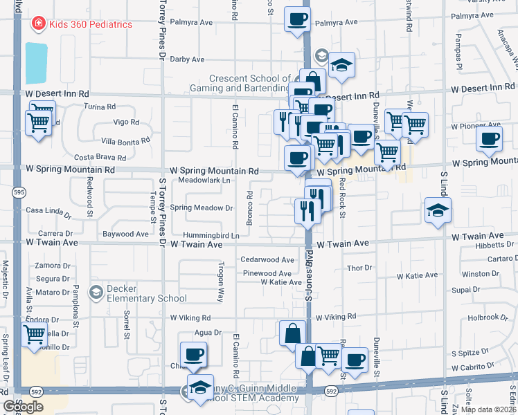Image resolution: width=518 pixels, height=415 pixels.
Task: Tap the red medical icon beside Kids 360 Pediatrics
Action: click(x=38, y=24)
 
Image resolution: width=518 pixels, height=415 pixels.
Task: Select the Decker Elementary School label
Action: click(x=146, y=293)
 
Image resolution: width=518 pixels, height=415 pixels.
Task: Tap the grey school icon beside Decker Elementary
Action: click(x=96, y=293)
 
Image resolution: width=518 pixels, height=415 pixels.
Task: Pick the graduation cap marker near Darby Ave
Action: click(x=341, y=65)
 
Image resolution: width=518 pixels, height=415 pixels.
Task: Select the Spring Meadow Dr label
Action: click(x=202, y=207)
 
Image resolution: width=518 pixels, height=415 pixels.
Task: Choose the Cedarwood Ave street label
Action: click(x=267, y=260)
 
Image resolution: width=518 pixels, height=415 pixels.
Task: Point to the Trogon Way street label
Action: click(x=221, y=283)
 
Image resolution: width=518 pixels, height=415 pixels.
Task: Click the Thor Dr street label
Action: click(x=359, y=268)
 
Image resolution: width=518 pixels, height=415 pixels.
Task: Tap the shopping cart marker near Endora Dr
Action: click(x=34, y=335)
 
